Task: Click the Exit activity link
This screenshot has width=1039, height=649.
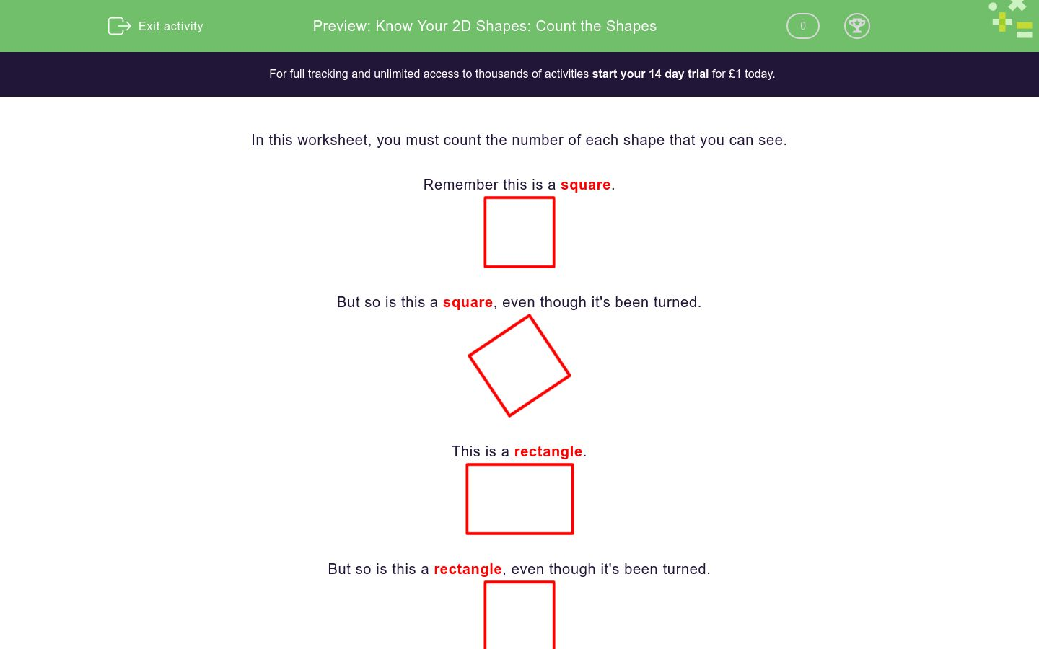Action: click(x=170, y=26)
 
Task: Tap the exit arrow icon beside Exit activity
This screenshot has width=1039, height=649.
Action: click(x=119, y=26)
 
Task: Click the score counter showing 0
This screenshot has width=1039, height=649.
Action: click(x=802, y=26)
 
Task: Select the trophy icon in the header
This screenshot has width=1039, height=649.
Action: click(x=856, y=26)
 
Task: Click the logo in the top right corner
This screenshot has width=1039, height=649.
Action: click(x=1012, y=19)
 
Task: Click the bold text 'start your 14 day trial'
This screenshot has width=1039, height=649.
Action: click(x=650, y=74)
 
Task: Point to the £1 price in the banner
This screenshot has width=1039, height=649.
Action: click(x=735, y=74)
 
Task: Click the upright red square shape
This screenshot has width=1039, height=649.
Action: click(x=519, y=232)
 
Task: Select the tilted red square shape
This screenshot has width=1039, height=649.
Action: click(x=519, y=366)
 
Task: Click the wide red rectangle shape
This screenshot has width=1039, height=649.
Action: click(x=519, y=499)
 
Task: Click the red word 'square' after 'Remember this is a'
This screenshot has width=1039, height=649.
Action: click(x=585, y=185)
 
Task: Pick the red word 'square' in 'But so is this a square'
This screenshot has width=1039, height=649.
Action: click(x=468, y=302)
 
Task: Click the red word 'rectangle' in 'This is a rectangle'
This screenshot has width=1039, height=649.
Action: click(x=548, y=451)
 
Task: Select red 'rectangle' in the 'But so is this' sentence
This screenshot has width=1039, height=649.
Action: click(x=468, y=569)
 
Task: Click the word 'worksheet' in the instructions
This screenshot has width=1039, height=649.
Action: click(x=335, y=140)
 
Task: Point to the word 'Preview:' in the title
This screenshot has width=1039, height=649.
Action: click(x=341, y=26)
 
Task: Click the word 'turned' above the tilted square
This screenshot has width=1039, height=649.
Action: click(x=675, y=302)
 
